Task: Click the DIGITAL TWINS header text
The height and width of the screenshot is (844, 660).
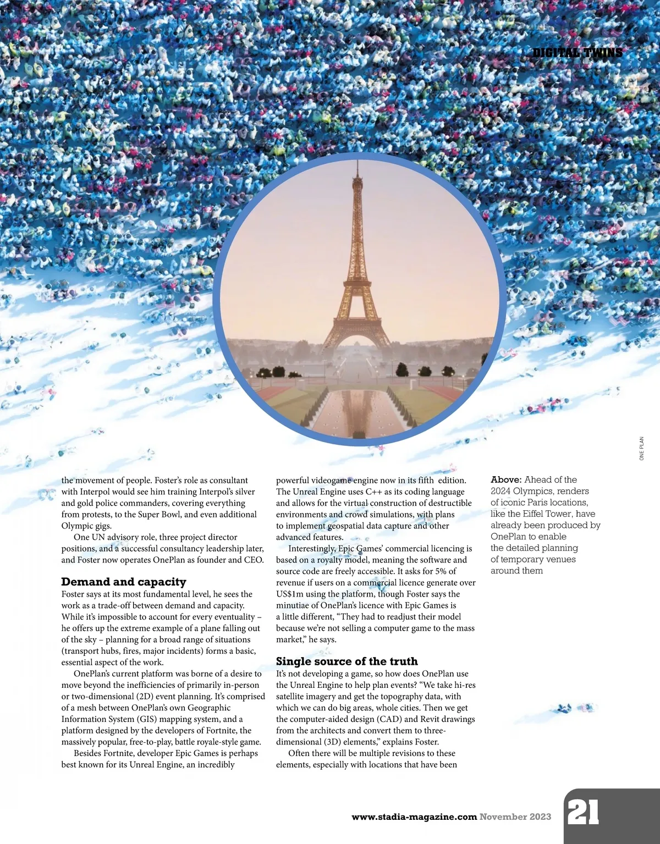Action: [577, 53]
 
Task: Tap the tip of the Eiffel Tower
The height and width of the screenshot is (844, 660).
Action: [358, 163]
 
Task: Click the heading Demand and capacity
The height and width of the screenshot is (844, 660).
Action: [124, 582]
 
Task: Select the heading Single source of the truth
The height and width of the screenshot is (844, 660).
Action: [346, 661]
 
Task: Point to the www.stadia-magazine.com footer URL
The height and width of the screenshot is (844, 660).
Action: [414, 817]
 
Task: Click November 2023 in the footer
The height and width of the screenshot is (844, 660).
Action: [515, 817]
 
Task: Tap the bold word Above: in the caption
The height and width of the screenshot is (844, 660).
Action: [506, 479]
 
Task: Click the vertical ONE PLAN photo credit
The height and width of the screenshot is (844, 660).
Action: [641, 449]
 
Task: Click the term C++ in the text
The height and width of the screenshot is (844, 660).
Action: [373, 492]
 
